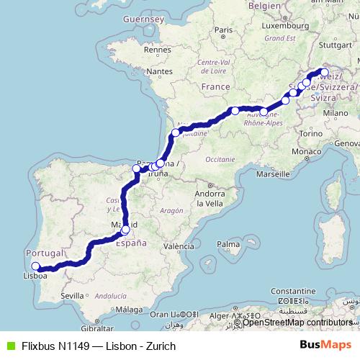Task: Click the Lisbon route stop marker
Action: (35, 266)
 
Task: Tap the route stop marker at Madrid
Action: (125, 230)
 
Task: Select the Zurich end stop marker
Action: (324, 73)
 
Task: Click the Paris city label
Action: (225, 30)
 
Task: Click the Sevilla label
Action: (73, 295)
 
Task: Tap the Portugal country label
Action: (45, 253)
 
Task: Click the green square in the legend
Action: (8, 346)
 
